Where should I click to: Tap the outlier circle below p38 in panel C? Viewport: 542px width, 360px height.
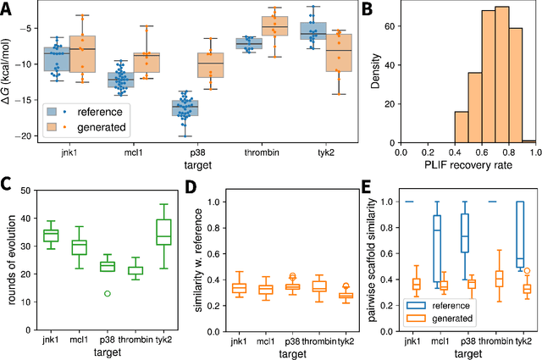tap(106, 293)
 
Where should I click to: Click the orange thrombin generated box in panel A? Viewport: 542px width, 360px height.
tap(274, 26)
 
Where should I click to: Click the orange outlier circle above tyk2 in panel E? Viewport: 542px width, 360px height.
tap(525, 271)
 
